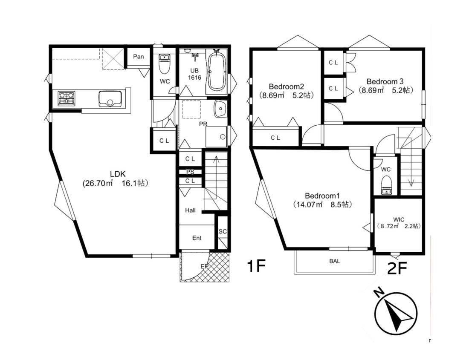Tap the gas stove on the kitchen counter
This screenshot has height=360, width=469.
(x=67, y=98)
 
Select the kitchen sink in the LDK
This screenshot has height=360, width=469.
(x=110, y=98)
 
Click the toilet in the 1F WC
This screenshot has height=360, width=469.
(x=164, y=64)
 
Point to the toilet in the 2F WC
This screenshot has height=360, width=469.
(x=386, y=185)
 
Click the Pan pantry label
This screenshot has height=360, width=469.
(x=139, y=57)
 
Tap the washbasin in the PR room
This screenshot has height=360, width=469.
(x=220, y=109)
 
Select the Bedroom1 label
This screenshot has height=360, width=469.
(x=322, y=196)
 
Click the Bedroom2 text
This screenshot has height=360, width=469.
(x=286, y=86)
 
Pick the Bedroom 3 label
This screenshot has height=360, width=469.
(x=385, y=81)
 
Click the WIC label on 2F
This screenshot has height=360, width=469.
(x=399, y=219)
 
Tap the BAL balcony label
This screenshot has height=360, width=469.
(x=334, y=261)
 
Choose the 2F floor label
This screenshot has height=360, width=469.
(x=397, y=268)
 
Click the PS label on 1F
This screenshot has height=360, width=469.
(x=190, y=172)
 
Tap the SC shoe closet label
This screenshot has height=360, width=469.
(x=223, y=231)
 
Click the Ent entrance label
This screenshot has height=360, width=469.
(x=197, y=238)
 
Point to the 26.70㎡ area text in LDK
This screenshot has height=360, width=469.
(x=98, y=183)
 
